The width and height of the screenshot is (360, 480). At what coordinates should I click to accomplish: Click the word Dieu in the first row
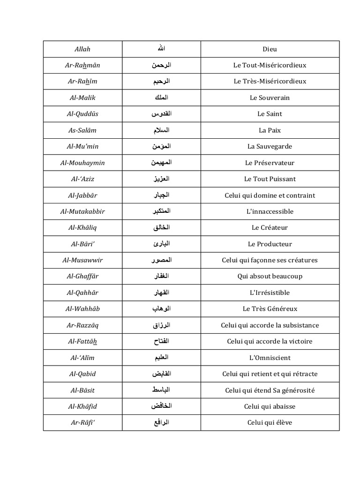(x=270, y=49)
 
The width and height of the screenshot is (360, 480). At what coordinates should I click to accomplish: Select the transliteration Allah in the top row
(x=82, y=49)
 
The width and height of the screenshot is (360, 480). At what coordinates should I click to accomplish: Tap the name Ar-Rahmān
(x=82, y=65)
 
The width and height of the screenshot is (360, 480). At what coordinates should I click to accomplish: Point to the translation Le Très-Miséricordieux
(x=270, y=82)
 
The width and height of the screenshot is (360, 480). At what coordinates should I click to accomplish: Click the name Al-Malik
(x=82, y=97)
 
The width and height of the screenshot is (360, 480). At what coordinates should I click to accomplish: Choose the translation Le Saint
(x=270, y=114)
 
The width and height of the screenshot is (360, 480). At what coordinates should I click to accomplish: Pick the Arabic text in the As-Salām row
(x=161, y=130)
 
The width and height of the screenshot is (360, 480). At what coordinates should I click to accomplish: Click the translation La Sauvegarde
(x=270, y=146)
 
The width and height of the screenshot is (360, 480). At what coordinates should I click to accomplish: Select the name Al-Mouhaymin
(x=82, y=163)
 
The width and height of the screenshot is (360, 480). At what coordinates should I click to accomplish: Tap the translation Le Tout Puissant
(x=270, y=179)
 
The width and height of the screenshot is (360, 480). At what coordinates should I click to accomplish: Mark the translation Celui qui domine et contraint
(x=270, y=195)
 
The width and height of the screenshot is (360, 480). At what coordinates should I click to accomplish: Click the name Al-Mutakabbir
(x=82, y=211)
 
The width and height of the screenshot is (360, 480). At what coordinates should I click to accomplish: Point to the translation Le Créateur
(x=270, y=228)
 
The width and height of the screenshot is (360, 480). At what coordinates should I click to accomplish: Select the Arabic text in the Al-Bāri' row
(x=161, y=244)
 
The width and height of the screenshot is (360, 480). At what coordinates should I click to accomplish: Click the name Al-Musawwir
(x=82, y=260)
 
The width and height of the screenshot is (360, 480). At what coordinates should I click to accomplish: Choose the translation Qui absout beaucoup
(x=270, y=277)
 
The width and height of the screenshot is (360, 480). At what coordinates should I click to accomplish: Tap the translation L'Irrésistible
(x=270, y=293)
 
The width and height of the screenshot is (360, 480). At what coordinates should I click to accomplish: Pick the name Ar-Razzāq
(x=82, y=325)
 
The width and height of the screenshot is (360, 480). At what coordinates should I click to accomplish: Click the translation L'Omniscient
(x=270, y=358)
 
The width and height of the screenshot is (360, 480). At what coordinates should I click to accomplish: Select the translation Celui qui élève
(x=270, y=423)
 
